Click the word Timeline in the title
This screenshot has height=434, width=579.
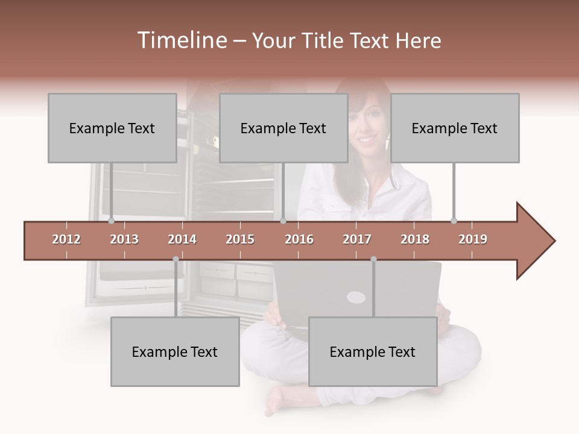pos(180,40)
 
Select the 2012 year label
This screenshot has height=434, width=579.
pos(66,239)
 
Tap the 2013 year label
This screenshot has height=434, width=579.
pos(124,239)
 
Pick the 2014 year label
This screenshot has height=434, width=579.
pos(182,239)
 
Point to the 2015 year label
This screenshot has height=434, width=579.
pos(240,239)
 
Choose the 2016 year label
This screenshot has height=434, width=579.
pos(299,239)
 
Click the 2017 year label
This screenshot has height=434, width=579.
pos(357,239)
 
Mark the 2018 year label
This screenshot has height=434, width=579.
pos(415,239)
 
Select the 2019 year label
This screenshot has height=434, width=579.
pos(473,239)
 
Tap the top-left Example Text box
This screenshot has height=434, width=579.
pos(112,128)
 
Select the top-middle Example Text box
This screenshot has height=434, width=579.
pos(283,128)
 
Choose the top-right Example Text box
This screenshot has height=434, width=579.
pos(455,128)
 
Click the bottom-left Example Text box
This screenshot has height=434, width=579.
pos(175,351)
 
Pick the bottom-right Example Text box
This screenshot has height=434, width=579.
pos(373,351)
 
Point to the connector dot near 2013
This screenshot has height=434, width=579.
pos(111,221)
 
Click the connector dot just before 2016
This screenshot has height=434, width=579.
pos(283,221)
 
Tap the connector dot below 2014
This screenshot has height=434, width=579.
pos(176,259)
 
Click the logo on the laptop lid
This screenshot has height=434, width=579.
pos(356,297)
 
